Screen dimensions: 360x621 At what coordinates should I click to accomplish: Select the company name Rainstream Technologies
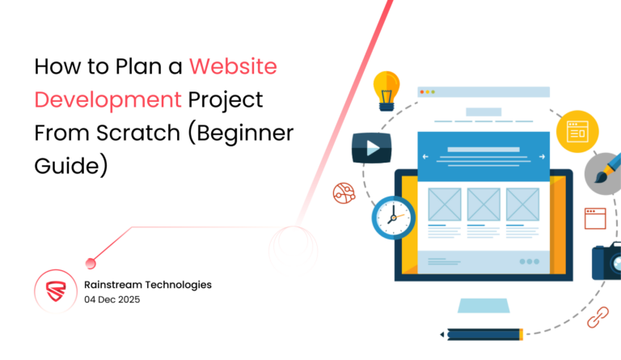pos(148,284)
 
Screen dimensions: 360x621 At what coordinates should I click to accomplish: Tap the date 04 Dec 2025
pos(116,299)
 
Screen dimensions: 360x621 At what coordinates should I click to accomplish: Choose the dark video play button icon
pos(371,148)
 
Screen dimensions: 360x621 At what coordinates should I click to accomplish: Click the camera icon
pos(606,260)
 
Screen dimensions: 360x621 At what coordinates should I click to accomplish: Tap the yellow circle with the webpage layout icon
pos(577,129)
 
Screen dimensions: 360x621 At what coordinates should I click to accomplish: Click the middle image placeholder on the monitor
pos(483,203)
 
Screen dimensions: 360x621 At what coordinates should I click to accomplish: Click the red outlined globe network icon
pos(344,193)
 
